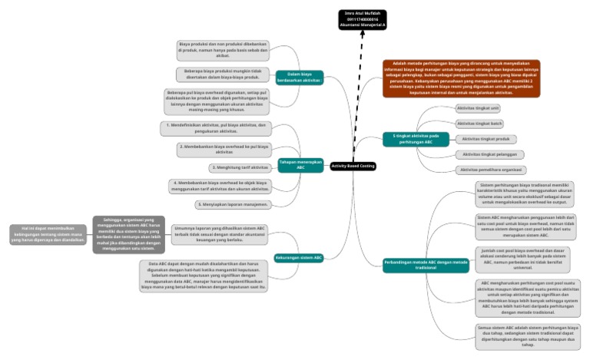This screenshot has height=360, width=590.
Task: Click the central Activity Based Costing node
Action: tap(353, 166)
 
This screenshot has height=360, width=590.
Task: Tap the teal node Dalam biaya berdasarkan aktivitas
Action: tap(298, 78)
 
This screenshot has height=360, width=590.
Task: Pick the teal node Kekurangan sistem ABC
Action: tap(299, 257)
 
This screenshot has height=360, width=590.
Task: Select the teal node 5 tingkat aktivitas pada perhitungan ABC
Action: tap(416, 139)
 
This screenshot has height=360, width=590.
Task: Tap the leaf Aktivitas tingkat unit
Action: tap(478, 108)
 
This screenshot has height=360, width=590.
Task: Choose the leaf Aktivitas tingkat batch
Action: tap(479, 124)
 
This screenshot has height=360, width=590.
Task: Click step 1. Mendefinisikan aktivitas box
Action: tap(217, 127)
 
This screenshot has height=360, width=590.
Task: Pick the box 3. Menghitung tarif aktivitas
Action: tap(240, 167)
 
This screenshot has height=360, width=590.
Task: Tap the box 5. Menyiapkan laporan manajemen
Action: tap(232, 205)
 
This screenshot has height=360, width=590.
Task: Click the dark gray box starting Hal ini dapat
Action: tap(43, 234)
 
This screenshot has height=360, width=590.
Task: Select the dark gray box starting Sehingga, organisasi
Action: tap(128, 234)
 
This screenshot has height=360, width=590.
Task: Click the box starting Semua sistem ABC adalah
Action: tap(527, 335)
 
